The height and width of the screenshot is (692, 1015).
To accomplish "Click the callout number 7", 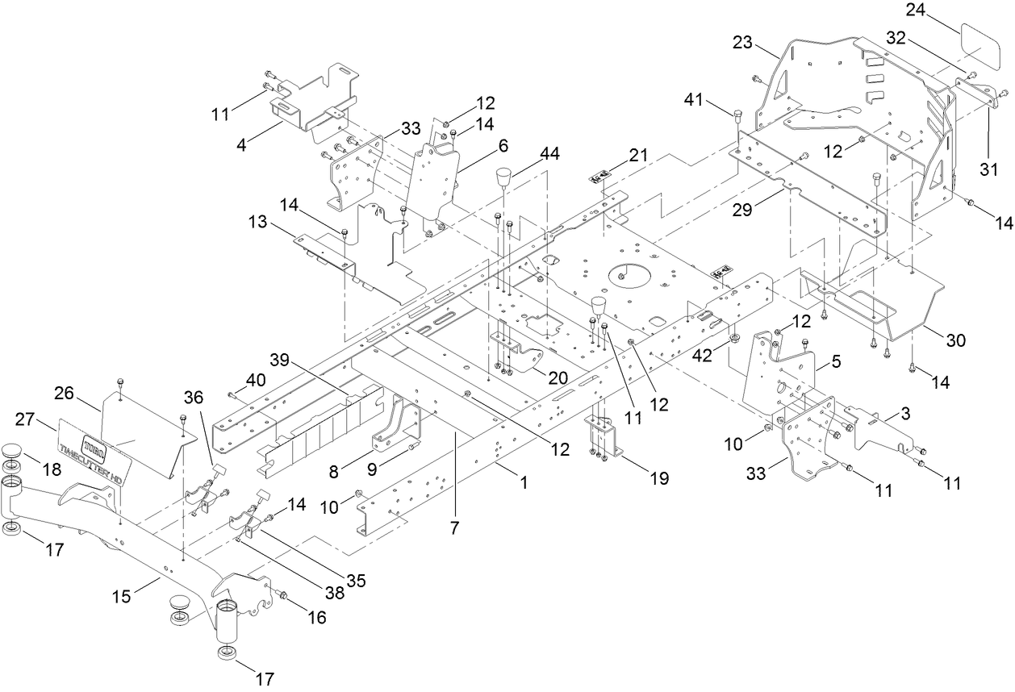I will (454, 528).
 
